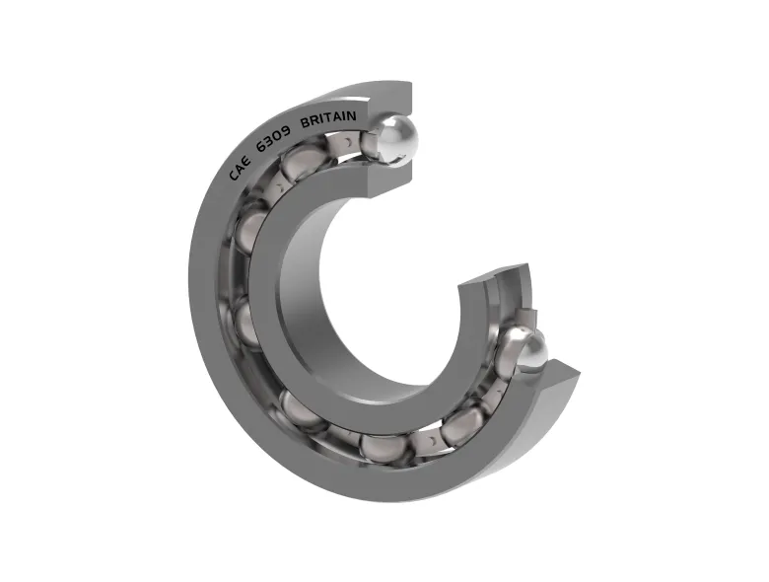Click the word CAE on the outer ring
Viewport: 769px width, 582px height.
click(x=241, y=168)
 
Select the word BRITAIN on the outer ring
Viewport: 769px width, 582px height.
click(x=328, y=119)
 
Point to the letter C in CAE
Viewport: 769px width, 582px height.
click(x=233, y=177)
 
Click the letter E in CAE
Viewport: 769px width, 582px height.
click(x=247, y=159)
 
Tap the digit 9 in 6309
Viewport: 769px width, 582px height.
click(x=286, y=130)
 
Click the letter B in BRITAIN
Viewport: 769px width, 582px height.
click(x=304, y=123)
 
